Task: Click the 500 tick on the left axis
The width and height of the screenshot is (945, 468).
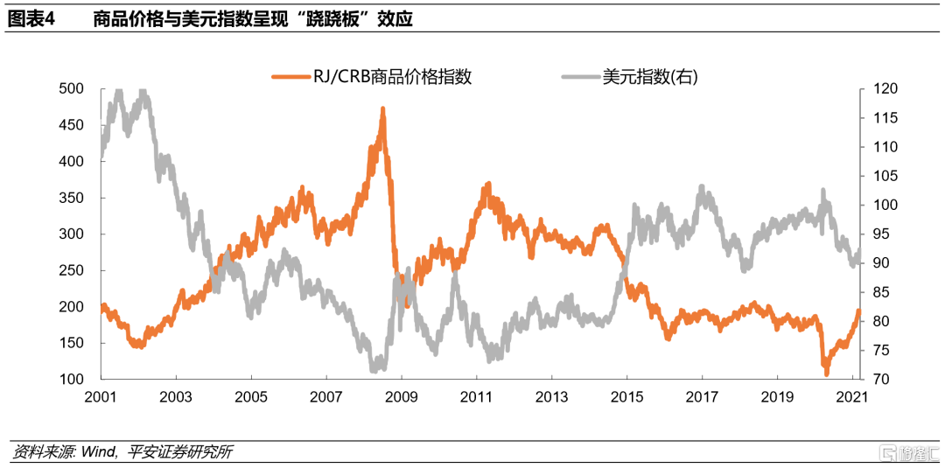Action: (71, 88)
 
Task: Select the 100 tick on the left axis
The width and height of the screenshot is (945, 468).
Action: (71, 379)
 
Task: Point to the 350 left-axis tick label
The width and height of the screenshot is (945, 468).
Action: (71, 198)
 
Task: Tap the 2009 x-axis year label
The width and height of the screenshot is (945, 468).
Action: (401, 395)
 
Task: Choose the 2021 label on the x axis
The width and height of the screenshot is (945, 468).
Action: (851, 395)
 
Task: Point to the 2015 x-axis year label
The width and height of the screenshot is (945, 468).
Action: (626, 395)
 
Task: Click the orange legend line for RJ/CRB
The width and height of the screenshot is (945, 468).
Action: (290, 77)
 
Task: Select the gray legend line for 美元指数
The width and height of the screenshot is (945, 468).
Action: (579, 77)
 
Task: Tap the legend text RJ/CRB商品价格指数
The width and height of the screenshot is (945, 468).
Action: (392, 77)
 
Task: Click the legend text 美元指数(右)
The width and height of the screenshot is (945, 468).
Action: (650, 77)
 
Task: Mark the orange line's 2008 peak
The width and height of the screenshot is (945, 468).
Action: (382, 109)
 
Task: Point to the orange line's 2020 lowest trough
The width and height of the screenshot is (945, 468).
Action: (826, 374)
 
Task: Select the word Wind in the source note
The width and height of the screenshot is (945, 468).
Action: (95, 451)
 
